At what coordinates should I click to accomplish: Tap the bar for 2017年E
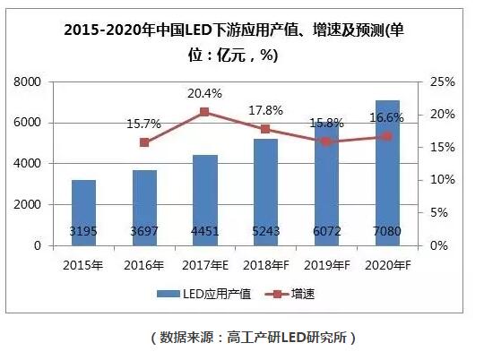click(x=204, y=200)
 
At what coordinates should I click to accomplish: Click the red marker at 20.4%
click(x=204, y=112)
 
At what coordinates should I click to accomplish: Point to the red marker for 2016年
click(x=144, y=142)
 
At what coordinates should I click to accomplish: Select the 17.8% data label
click(x=265, y=110)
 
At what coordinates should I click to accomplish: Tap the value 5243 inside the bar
click(x=265, y=231)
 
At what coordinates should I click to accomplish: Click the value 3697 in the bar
click(x=144, y=231)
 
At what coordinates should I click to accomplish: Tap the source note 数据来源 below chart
click(x=241, y=338)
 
